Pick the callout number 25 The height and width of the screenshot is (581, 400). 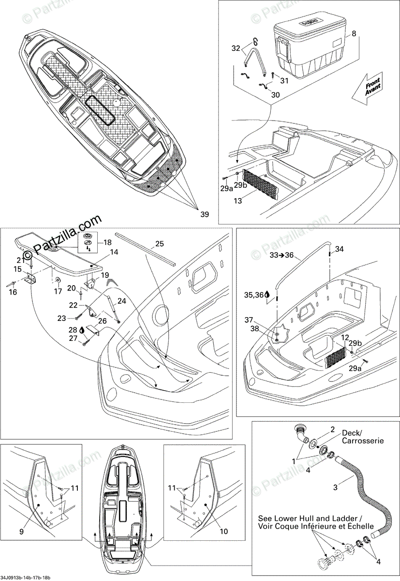[x=160, y=244]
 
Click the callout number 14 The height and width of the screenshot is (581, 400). [x=114, y=252]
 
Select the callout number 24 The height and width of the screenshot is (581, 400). [x=121, y=301]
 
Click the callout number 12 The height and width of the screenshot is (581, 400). [x=345, y=337]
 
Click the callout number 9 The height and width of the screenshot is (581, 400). [x=21, y=531]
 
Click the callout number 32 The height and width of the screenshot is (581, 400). [x=236, y=48]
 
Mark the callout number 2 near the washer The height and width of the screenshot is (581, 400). [x=332, y=429]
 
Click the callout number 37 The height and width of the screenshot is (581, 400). [x=262, y=320]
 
